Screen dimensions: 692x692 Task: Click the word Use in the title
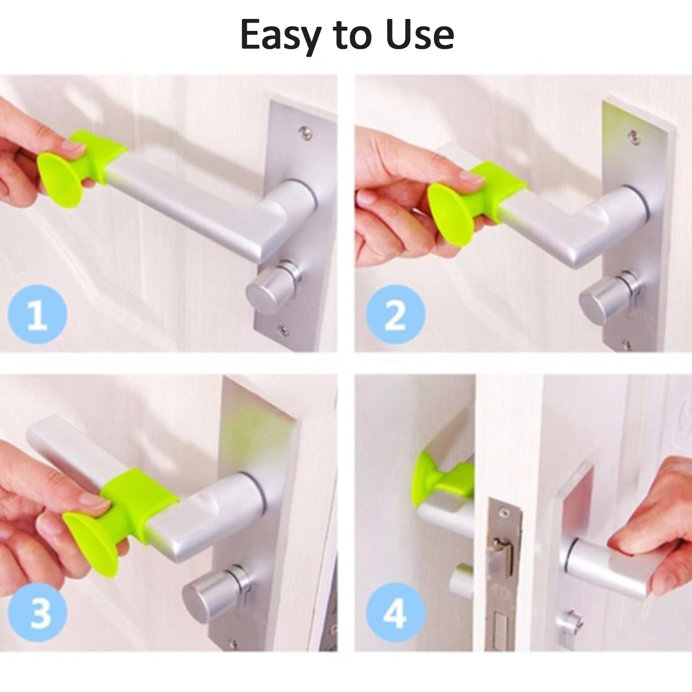[x=420, y=35]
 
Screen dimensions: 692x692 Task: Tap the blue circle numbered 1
[x=37, y=314]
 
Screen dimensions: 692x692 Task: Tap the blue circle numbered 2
[x=395, y=314]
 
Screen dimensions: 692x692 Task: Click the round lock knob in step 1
[x=270, y=288]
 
